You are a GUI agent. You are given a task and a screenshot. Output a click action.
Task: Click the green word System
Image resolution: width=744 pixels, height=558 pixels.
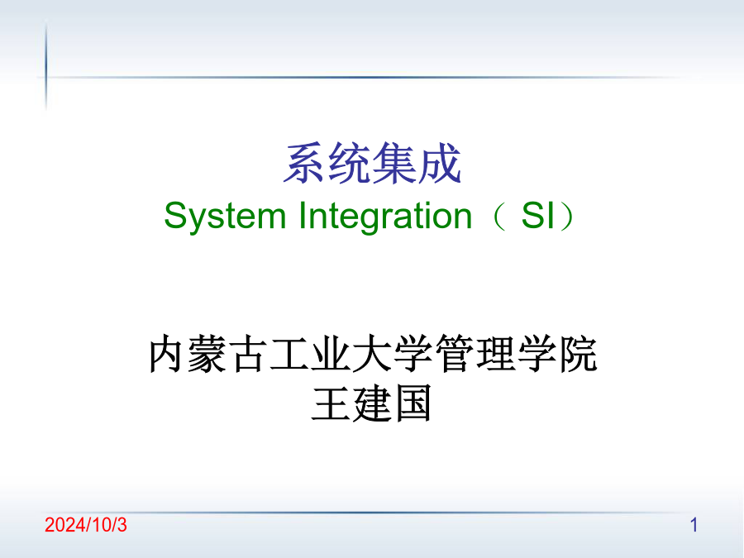pyautogui.click(x=225, y=217)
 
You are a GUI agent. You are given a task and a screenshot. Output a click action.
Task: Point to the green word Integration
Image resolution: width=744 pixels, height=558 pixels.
pyautogui.click(x=385, y=217)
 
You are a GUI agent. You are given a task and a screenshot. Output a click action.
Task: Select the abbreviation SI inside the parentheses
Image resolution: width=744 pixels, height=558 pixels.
pyautogui.click(x=538, y=216)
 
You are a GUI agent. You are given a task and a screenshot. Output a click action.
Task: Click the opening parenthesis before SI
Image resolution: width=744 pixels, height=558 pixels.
pyautogui.click(x=499, y=217)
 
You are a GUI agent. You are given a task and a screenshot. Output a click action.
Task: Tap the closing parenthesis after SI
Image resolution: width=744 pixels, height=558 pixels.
pyautogui.click(x=567, y=217)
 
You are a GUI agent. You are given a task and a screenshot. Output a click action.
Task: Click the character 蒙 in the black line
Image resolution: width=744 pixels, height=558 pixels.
pyautogui.click(x=207, y=354)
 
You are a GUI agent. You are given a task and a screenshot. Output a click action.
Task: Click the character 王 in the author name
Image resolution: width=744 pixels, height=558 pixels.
pyautogui.click(x=331, y=403)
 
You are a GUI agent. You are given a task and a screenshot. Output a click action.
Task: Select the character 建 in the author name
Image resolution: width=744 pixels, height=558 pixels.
pyautogui.click(x=372, y=403)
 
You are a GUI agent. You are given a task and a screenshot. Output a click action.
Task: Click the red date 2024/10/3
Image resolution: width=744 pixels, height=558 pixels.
pyautogui.click(x=86, y=525)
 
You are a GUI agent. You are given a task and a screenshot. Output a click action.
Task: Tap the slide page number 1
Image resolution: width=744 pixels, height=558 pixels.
pyautogui.click(x=694, y=525)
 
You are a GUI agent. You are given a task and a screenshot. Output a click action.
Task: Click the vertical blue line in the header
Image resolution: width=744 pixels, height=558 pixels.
pyautogui.click(x=46, y=65)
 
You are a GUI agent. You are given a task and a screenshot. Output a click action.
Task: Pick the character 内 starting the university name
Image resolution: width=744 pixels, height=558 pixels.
pyautogui.click(x=166, y=354)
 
